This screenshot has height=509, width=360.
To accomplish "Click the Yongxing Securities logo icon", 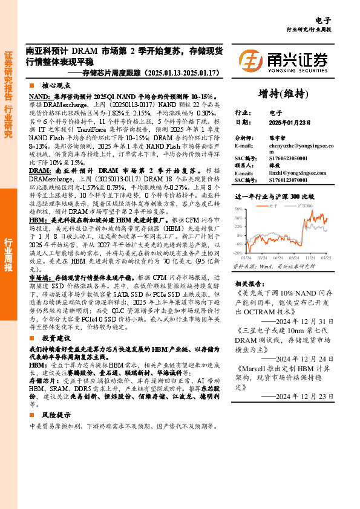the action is click(250, 60).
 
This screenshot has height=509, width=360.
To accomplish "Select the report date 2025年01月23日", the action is click(289, 122).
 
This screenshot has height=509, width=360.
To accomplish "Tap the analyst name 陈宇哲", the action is click(277, 138).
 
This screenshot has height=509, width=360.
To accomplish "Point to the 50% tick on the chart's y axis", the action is click(238, 209).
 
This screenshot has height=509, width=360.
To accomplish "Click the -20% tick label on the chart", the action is click(238, 253).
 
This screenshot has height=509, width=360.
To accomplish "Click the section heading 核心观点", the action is click(56, 86).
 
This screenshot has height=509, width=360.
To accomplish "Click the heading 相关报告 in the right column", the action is click(249, 284).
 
